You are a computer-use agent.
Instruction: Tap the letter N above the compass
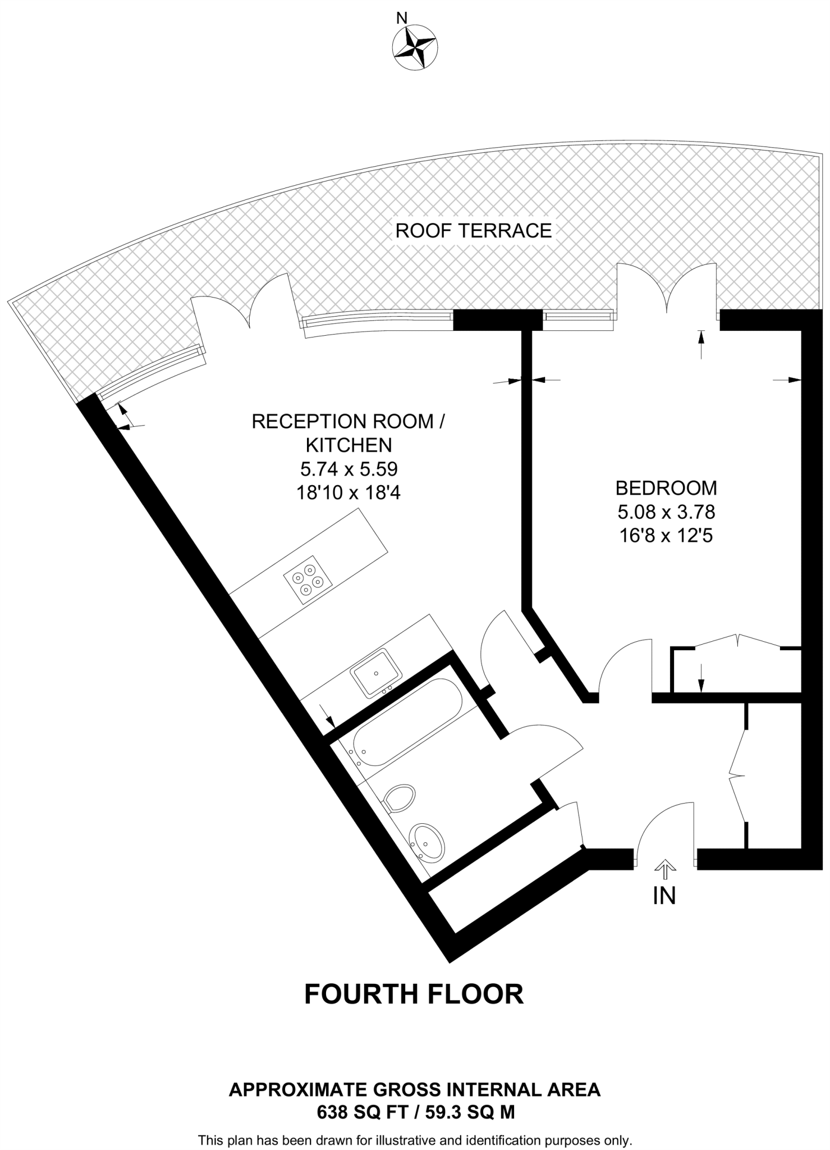(x=402, y=19)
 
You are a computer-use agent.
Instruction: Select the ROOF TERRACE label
(x=474, y=231)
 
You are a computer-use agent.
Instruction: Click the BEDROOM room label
(x=666, y=488)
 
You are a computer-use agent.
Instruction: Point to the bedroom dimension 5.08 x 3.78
(x=666, y=512)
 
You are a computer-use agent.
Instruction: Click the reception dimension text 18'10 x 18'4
(x=348, y=492)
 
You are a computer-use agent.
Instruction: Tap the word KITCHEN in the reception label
(x=348, y=445)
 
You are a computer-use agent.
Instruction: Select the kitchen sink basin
(x=375, y=673)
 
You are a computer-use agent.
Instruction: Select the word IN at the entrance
(x=664, y=896)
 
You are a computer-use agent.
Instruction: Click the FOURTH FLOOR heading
(x=414, y=993)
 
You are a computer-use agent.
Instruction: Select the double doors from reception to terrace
(x=245, y=309)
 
